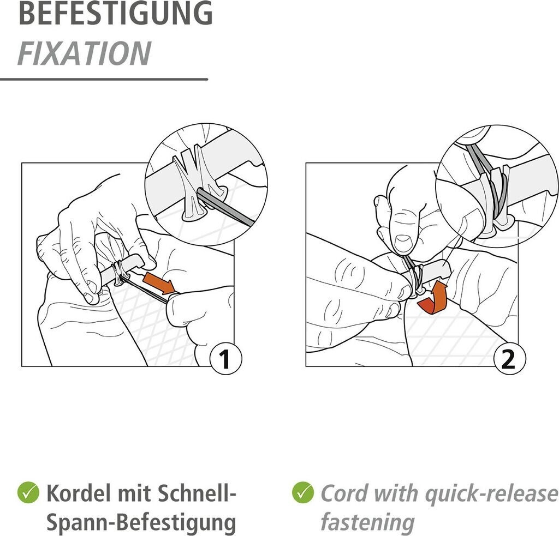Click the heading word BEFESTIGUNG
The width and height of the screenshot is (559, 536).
coord(116,13)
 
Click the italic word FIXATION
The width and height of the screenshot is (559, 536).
coord(85,54)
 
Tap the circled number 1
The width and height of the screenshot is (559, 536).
coord(225,359)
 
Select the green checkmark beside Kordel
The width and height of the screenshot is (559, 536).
coord(28,492)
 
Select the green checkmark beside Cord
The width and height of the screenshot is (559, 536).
coord(302,492)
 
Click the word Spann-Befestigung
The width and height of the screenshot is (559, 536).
coord(141,522)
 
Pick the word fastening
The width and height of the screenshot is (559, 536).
coord(367,522)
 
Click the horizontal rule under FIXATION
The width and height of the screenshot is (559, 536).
coord(104,79)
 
